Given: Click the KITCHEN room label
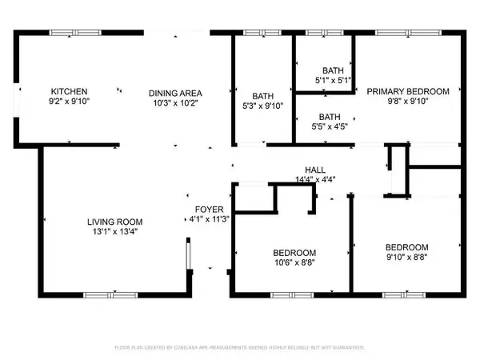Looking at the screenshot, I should click(70, 91).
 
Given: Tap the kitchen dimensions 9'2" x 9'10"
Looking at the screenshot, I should click(70, 102).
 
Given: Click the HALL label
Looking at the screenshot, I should click(314, 170).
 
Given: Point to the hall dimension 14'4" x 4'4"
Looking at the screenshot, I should click(314, 180).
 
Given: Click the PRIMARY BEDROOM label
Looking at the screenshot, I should click(408, 91).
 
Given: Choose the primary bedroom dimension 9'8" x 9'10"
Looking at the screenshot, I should click(408, 102).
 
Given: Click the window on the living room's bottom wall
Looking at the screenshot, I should click(106, 295).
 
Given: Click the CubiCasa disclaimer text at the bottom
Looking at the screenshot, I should click(239, 348).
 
